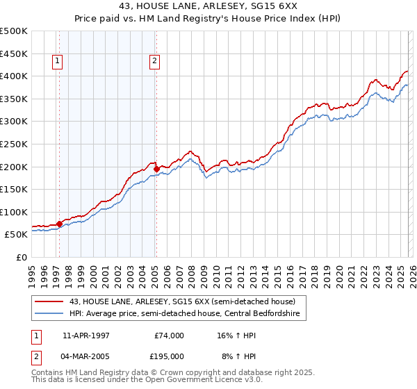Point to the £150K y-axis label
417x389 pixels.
pyautogui.click(x=14, y=189)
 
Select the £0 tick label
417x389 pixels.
pyautogui.click(x=21, y=257)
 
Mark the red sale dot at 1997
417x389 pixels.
pyautogui.click(x=59, y=224)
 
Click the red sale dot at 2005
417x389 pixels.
pyautogui.click(x=156, y=168)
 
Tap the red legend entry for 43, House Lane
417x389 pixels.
pyautogui.click(x=175, y=301)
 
